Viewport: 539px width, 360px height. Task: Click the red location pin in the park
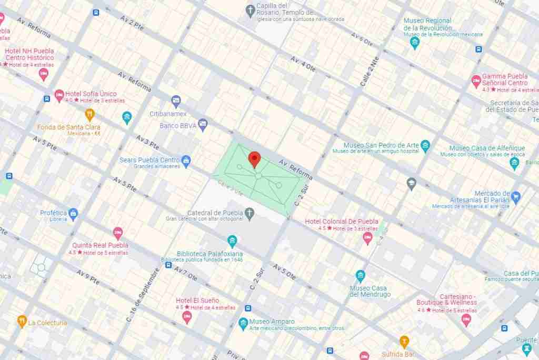(x=255, y=158)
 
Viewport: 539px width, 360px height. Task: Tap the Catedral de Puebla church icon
(x=249, y=213)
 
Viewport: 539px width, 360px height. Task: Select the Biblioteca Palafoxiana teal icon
(x=232, y=242)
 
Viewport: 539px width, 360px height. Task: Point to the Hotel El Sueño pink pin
(x=187, y=316)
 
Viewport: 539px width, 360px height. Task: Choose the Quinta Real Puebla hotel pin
(x=118, y=233)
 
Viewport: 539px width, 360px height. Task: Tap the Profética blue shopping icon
(x=73, y=213)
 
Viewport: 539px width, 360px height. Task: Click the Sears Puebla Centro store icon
(x=186, y=160)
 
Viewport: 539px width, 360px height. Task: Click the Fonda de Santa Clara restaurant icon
(x=90, y=115)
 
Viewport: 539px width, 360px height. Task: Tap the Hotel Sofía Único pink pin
(x=59, y=95)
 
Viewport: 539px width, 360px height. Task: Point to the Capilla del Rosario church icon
(x=251, y=9)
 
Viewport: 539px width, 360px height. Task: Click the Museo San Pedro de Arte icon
(x=425, y=146)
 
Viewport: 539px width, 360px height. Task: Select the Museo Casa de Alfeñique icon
(x=515, y=163)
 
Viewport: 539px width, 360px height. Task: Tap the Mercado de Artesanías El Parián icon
(x=516, y=197)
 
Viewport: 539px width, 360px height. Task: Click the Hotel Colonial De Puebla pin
(x=367, y=238)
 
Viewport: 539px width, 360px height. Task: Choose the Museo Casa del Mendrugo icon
(x=361, y=276)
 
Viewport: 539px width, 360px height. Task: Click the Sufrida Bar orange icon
(x=404, y=341)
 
